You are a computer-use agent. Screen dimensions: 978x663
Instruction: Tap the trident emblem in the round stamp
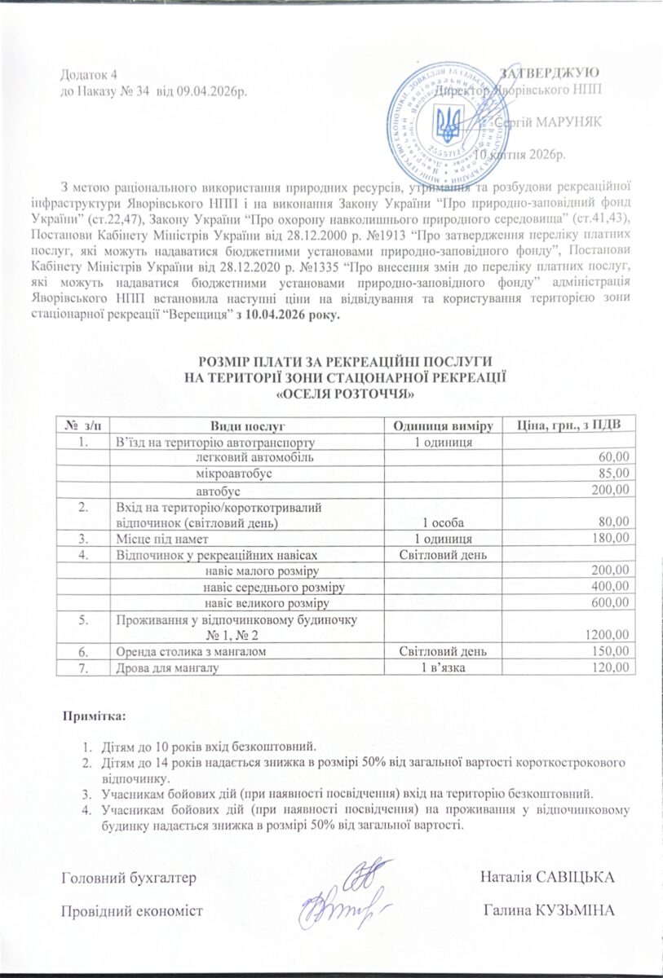click(446, 126)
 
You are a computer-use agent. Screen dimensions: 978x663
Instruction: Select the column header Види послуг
click(246, 425)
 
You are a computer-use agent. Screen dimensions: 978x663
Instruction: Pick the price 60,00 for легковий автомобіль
click(614, 457)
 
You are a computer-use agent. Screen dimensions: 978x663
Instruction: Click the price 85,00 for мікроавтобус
click(614, 473)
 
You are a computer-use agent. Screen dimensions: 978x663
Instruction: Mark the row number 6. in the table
click(82, 652)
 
